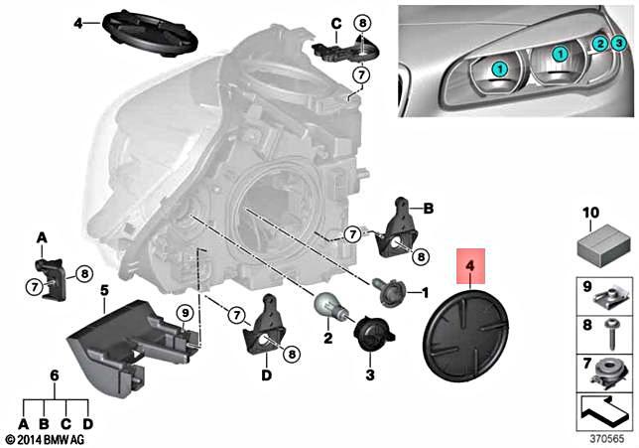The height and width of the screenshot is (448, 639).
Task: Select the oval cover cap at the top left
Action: (151, 33)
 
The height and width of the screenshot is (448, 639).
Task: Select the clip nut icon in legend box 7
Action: (607, 374)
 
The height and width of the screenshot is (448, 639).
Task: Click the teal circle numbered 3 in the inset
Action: (618, 43)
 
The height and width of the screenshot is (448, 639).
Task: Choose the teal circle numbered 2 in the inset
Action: (598, 45)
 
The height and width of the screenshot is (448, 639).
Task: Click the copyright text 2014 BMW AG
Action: (45, 438)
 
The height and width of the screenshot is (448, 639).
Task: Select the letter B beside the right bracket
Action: (429, 210)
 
